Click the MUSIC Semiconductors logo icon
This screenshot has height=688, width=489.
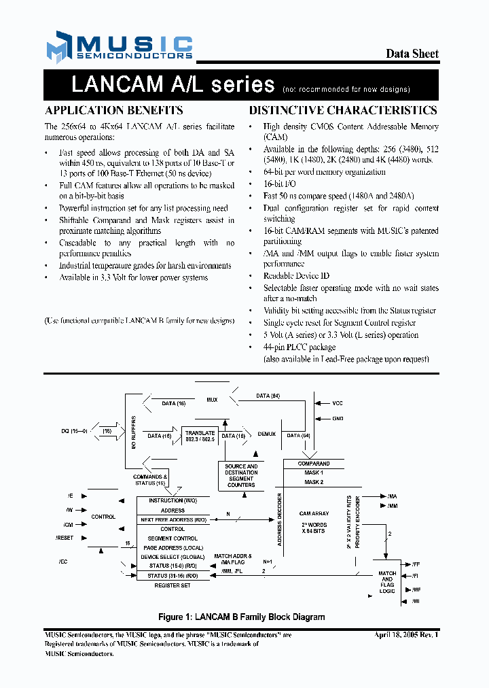click(x=58, y=47)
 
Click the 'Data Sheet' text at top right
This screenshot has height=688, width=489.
click(x=412, y=54)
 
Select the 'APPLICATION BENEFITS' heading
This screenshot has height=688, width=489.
click(x=113, y=110)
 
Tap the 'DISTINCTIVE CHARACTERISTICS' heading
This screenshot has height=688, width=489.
click(x=343, y=110)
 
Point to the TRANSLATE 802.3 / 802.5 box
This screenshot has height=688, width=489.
click(x=200, y=436)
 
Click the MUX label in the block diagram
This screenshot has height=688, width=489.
click(x=212, y=400)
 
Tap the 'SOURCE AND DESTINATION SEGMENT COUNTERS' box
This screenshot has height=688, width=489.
click(x=241, y=476)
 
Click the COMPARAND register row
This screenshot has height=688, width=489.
click(x=314, y=464)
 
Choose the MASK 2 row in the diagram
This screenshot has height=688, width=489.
click(x=314, y=481)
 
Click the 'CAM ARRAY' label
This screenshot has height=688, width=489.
click(x=314, y=514)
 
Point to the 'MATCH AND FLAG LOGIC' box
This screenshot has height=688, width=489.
click(x=387, y=582)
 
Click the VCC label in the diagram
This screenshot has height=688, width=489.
click(x=338, y=403)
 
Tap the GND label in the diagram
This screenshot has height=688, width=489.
click(x=338, y=418)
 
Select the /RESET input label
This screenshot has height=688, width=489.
click(x=64, y=538)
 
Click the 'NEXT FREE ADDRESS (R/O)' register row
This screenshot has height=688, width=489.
click(x=173, y=519)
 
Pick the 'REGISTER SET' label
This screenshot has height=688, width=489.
click(x=173, y=585)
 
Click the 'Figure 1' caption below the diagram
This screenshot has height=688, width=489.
click(x=241, y=617)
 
